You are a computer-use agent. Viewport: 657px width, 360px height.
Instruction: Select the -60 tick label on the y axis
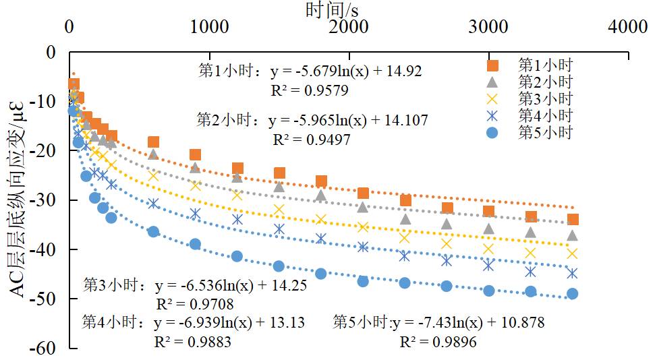pyautogui.click(x=47, y=348)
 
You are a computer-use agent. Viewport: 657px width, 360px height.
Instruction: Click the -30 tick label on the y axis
pyautogui.click(x=47, y=200)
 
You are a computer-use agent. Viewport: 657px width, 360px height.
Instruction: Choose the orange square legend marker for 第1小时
pyautogui.click(x=493, y=65)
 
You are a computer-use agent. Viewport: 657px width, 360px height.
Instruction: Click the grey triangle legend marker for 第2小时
pyautogui.click(x=493, y=82)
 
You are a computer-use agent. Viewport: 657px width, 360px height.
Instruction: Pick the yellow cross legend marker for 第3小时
pyautogui.click(x=493, y=99)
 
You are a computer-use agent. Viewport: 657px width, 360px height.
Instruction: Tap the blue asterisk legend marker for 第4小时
pyautogui.click(x=493, y=115)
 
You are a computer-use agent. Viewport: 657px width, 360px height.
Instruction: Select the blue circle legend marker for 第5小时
pyautogui.click(x=493, y=132)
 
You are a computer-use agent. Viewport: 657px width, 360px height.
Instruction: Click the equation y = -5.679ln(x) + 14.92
pyautogui.click(x=346, y=71)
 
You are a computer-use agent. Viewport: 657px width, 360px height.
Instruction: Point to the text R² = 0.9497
pyautogui.click(x=311, y=140)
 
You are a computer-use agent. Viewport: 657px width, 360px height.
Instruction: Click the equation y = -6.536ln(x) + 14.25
pyautogui.click(x=231, y=285)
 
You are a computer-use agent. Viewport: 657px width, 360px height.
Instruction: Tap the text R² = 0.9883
pyautogui.click(x=192, y=342)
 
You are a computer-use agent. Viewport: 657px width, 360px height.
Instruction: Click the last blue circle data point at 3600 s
pyautogui.click(x=573, y=293)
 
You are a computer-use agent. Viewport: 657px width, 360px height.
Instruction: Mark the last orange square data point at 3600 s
pyautogui.click(x=573, y=219)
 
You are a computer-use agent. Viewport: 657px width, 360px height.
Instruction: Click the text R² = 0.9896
pyautogui.click(x=438, y=342)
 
